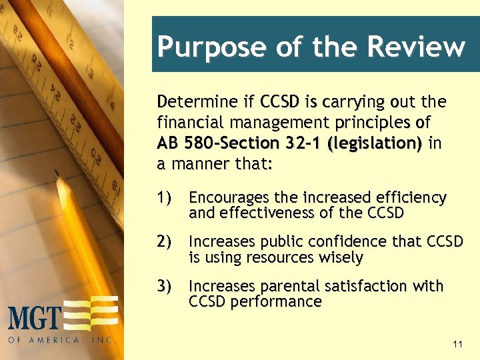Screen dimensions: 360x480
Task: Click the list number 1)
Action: [165, 198]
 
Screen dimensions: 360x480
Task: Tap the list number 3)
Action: [165, 286]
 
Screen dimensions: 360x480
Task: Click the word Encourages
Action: [228, 198]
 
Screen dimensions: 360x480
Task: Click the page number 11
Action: [457, 345]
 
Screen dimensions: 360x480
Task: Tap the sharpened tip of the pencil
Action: [58, 171]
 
